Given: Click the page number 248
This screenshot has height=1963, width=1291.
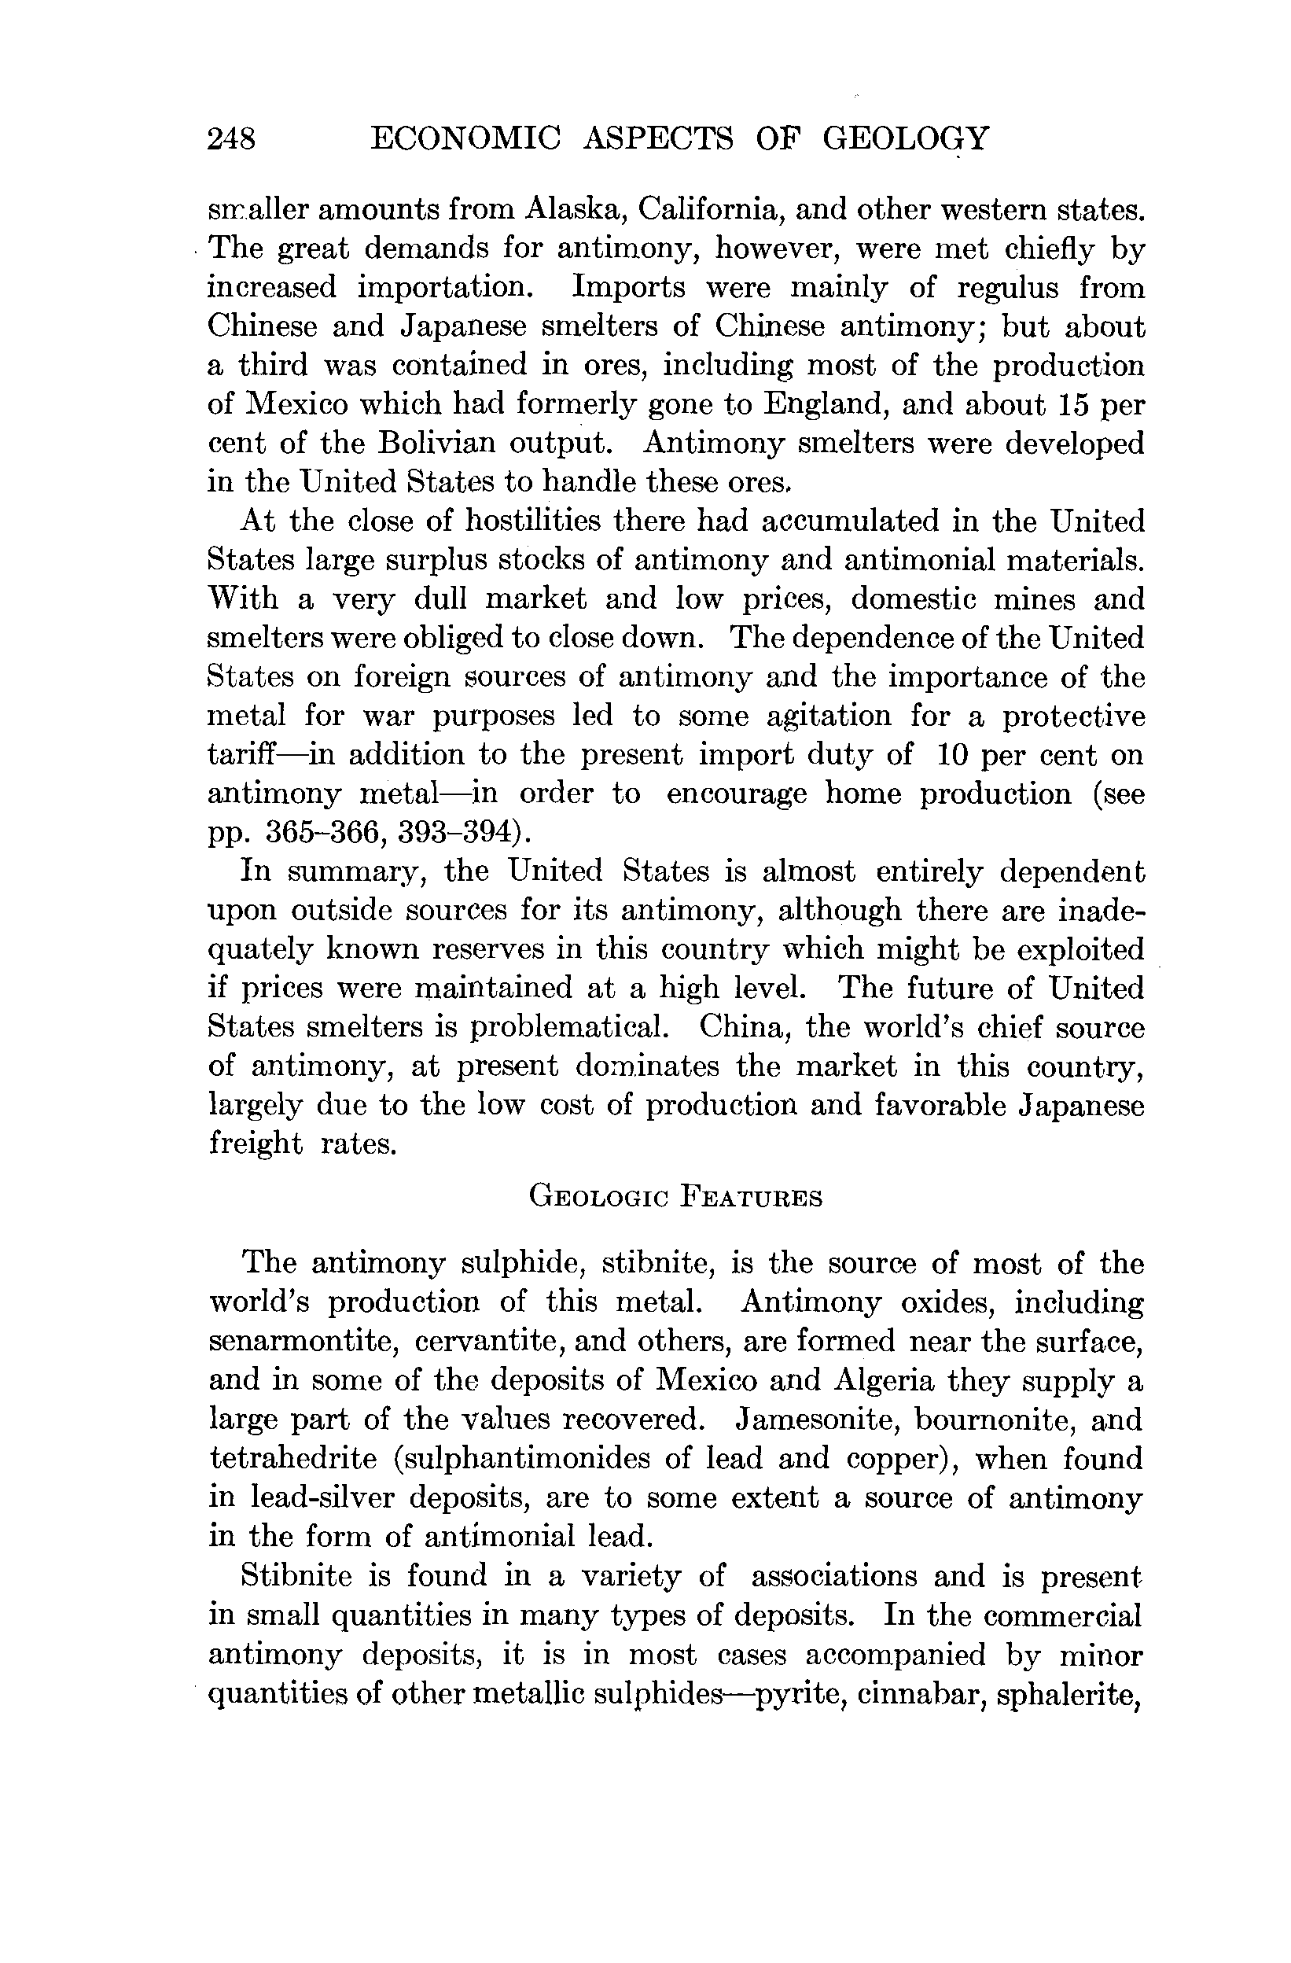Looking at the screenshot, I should click(232, 138).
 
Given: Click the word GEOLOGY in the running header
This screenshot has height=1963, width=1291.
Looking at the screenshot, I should click(904, 138).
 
